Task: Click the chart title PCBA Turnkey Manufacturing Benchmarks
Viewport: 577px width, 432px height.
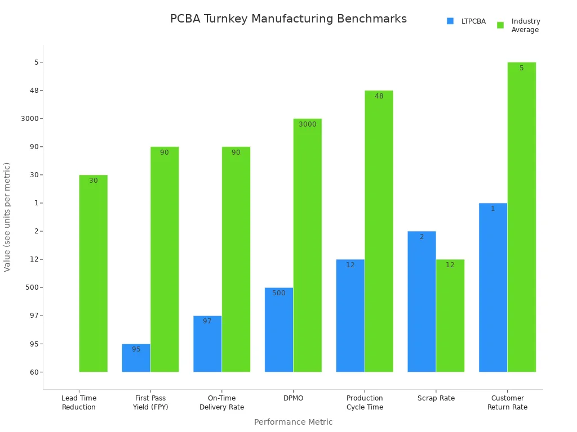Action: (x=288, y=19)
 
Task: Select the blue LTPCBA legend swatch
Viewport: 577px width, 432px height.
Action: (x=450, y=21)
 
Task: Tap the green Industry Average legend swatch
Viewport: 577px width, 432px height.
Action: (x=500, y=25)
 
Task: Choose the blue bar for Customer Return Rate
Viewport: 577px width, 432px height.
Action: (x=493, y=287)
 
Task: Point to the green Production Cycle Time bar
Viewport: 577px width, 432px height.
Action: (x=379, y=231)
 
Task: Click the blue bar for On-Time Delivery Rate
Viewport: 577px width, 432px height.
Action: (x=207, y=344)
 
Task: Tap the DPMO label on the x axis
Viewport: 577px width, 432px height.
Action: (x=293, y=398)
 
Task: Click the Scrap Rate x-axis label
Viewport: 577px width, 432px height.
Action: (x=436, y=398)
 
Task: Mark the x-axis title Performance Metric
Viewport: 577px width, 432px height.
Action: (x=293, y=422)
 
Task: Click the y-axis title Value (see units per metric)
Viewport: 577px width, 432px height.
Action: (x=7, y=217)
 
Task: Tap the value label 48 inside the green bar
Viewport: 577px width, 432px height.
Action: (x=379, y=96)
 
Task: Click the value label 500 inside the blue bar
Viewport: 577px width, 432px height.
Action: (x=279, y=293)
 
